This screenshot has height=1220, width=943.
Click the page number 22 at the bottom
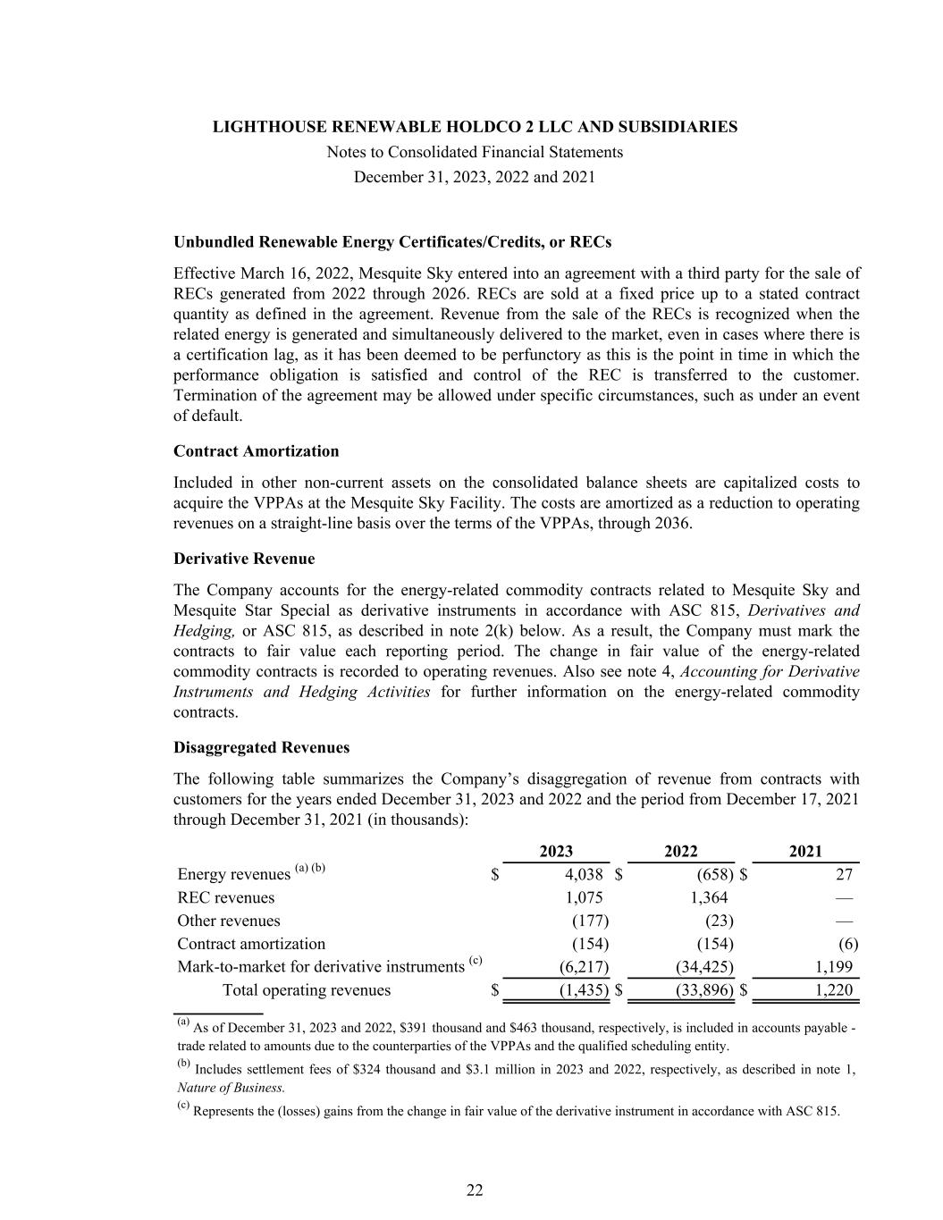coord(475,1190)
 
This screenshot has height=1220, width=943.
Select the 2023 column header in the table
coord(557,852)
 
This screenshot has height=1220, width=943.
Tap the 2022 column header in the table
coord(681,852)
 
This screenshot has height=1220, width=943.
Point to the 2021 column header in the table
coord(805,852)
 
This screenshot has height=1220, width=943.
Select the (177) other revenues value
coord(590,921)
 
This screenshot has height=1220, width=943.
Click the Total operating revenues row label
coord(306,989)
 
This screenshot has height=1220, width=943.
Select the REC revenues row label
coord(226,897)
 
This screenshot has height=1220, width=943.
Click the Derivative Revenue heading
coord(244,559)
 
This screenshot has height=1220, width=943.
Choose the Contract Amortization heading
coord(257,451)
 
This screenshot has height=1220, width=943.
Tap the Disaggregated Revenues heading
coord(262,747)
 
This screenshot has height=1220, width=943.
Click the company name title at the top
coord(475,127)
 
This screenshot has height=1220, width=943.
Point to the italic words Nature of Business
coord(231,1088)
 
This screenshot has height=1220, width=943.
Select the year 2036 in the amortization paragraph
coord(672,523)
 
